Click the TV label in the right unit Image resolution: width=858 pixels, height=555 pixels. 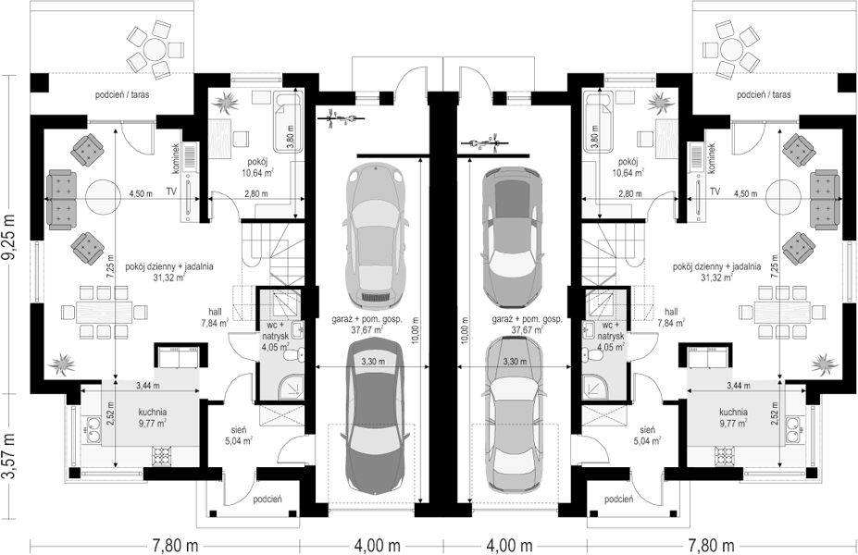(x=715, y=190)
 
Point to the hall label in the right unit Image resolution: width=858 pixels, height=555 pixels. (x=671, y=312)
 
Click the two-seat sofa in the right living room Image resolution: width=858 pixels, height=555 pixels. (x=825, y=200)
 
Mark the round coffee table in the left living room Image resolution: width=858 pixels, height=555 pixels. (x=102, y=194)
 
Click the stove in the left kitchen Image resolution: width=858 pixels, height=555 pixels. (x=162, y=454)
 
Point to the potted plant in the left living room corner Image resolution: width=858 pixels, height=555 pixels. (x=61, y=363)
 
